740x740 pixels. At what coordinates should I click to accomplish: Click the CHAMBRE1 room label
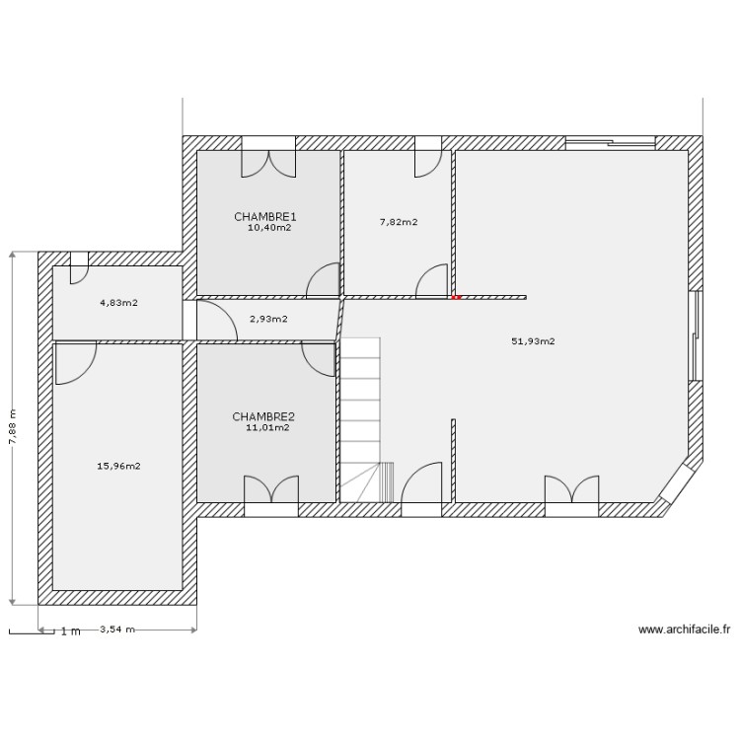tap(265, 216)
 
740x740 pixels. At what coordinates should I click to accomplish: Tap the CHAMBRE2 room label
tap(262, 416)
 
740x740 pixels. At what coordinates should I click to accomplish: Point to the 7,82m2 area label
tap(398, 222)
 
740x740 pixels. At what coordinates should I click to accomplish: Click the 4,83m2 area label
tap(117, 303)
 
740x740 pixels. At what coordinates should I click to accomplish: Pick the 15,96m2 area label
tap(119, 466)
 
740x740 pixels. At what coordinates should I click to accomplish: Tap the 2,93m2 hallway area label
tap(268, 319)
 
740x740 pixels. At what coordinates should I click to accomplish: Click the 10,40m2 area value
tap(269, 227)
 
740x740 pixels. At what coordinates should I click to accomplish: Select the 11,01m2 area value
tap(267, 427)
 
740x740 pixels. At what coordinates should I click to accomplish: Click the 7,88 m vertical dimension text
tap(13, 427)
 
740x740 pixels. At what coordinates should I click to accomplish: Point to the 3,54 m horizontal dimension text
tap(116, 629)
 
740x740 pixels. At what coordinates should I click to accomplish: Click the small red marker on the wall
tap(455, 296)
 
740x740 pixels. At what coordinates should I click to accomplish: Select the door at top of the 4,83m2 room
tap(79, 268)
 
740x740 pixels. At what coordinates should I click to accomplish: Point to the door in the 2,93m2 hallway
tap(215, 322)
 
